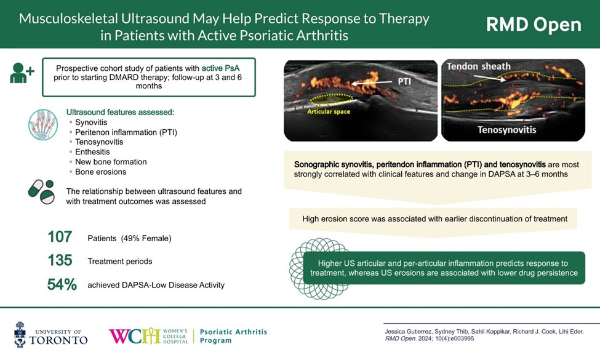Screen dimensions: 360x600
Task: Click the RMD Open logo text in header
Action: click(x=533, y=25)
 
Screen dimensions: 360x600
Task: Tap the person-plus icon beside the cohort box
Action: click(x=22, y=73)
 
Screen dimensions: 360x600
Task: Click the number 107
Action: click(x=60, y=237)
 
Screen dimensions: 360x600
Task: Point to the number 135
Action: click(x=60, y=261)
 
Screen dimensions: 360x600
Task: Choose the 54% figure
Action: click(x=62, y=284)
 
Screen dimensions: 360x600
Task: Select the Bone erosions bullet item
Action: click(x=100, y=172)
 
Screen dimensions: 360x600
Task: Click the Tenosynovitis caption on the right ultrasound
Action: click(x=507, y=130)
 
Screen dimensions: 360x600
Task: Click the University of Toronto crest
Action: click(x=21, y=334)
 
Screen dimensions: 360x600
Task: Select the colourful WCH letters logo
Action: click(x=135, y=336)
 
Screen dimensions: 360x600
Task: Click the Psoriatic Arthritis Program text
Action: click(x=234, y=336)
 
